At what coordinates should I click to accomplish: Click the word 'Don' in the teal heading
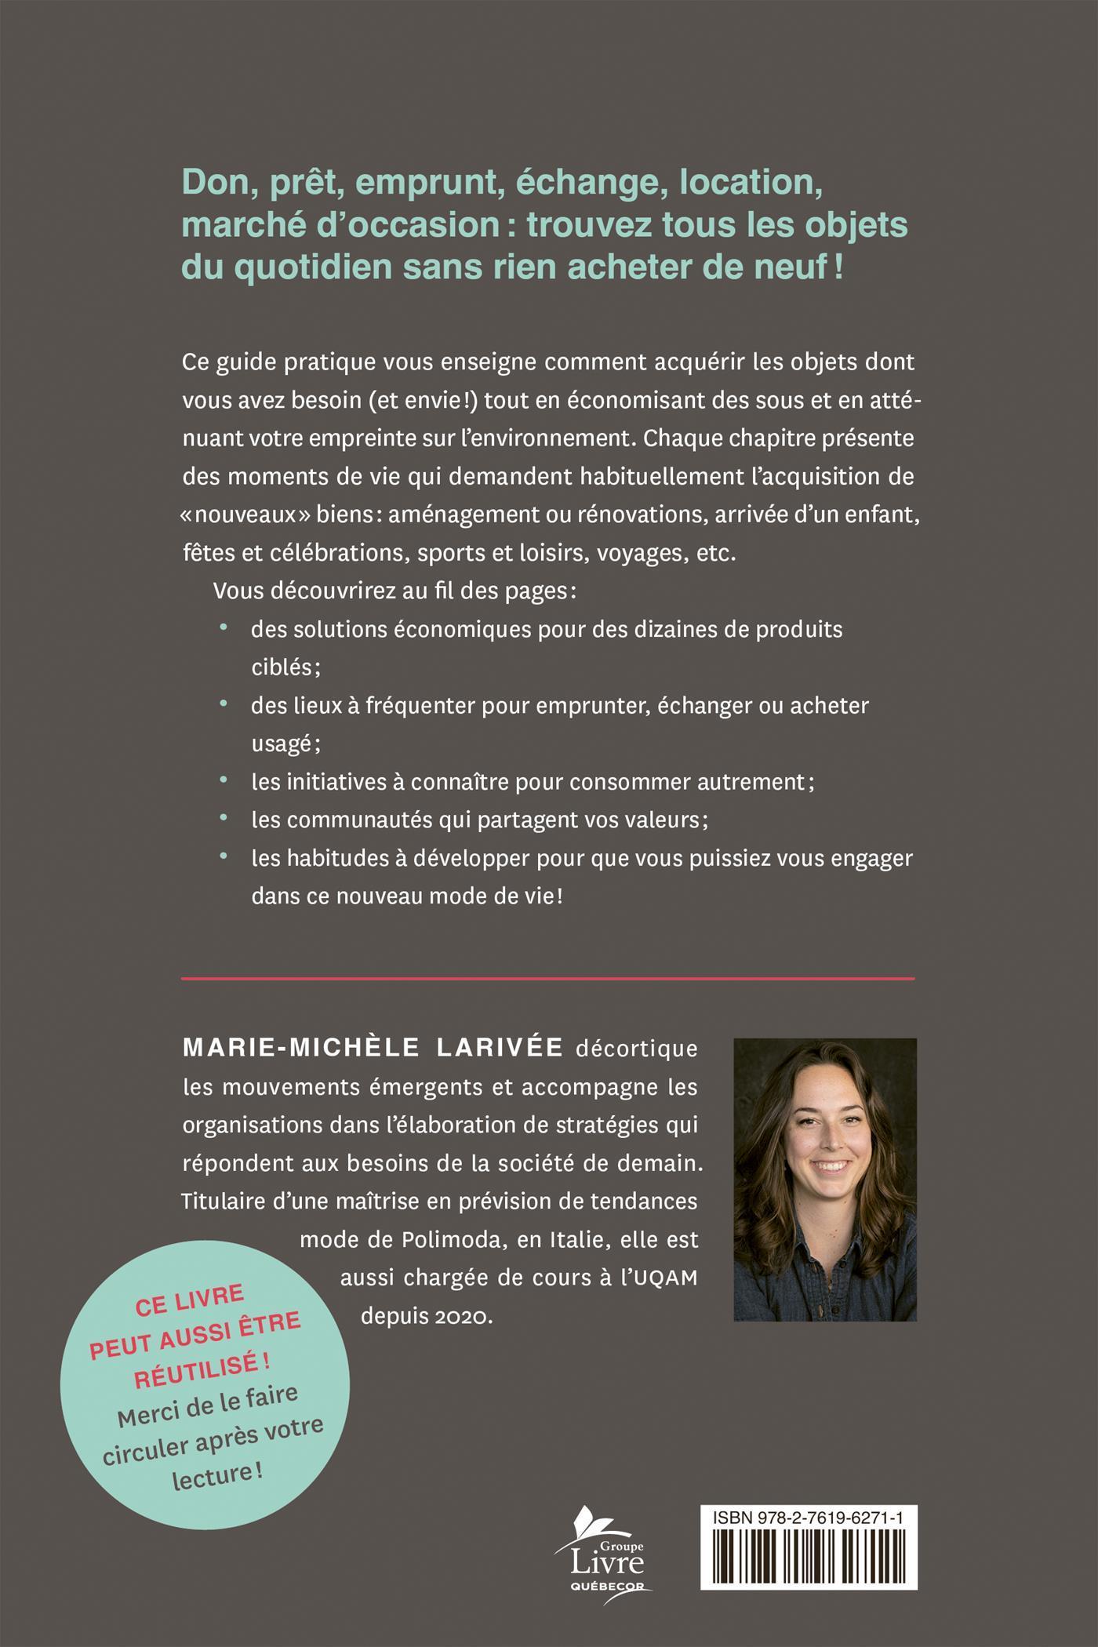click(209, 183)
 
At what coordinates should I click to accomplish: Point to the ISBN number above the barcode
click(808, 1518)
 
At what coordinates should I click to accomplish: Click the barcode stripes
click(808, 1564)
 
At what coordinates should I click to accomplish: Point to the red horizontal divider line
click(548, 979)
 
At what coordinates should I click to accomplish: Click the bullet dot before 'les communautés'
click(224, 819)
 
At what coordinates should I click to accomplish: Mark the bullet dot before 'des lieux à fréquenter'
click(224, 704)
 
